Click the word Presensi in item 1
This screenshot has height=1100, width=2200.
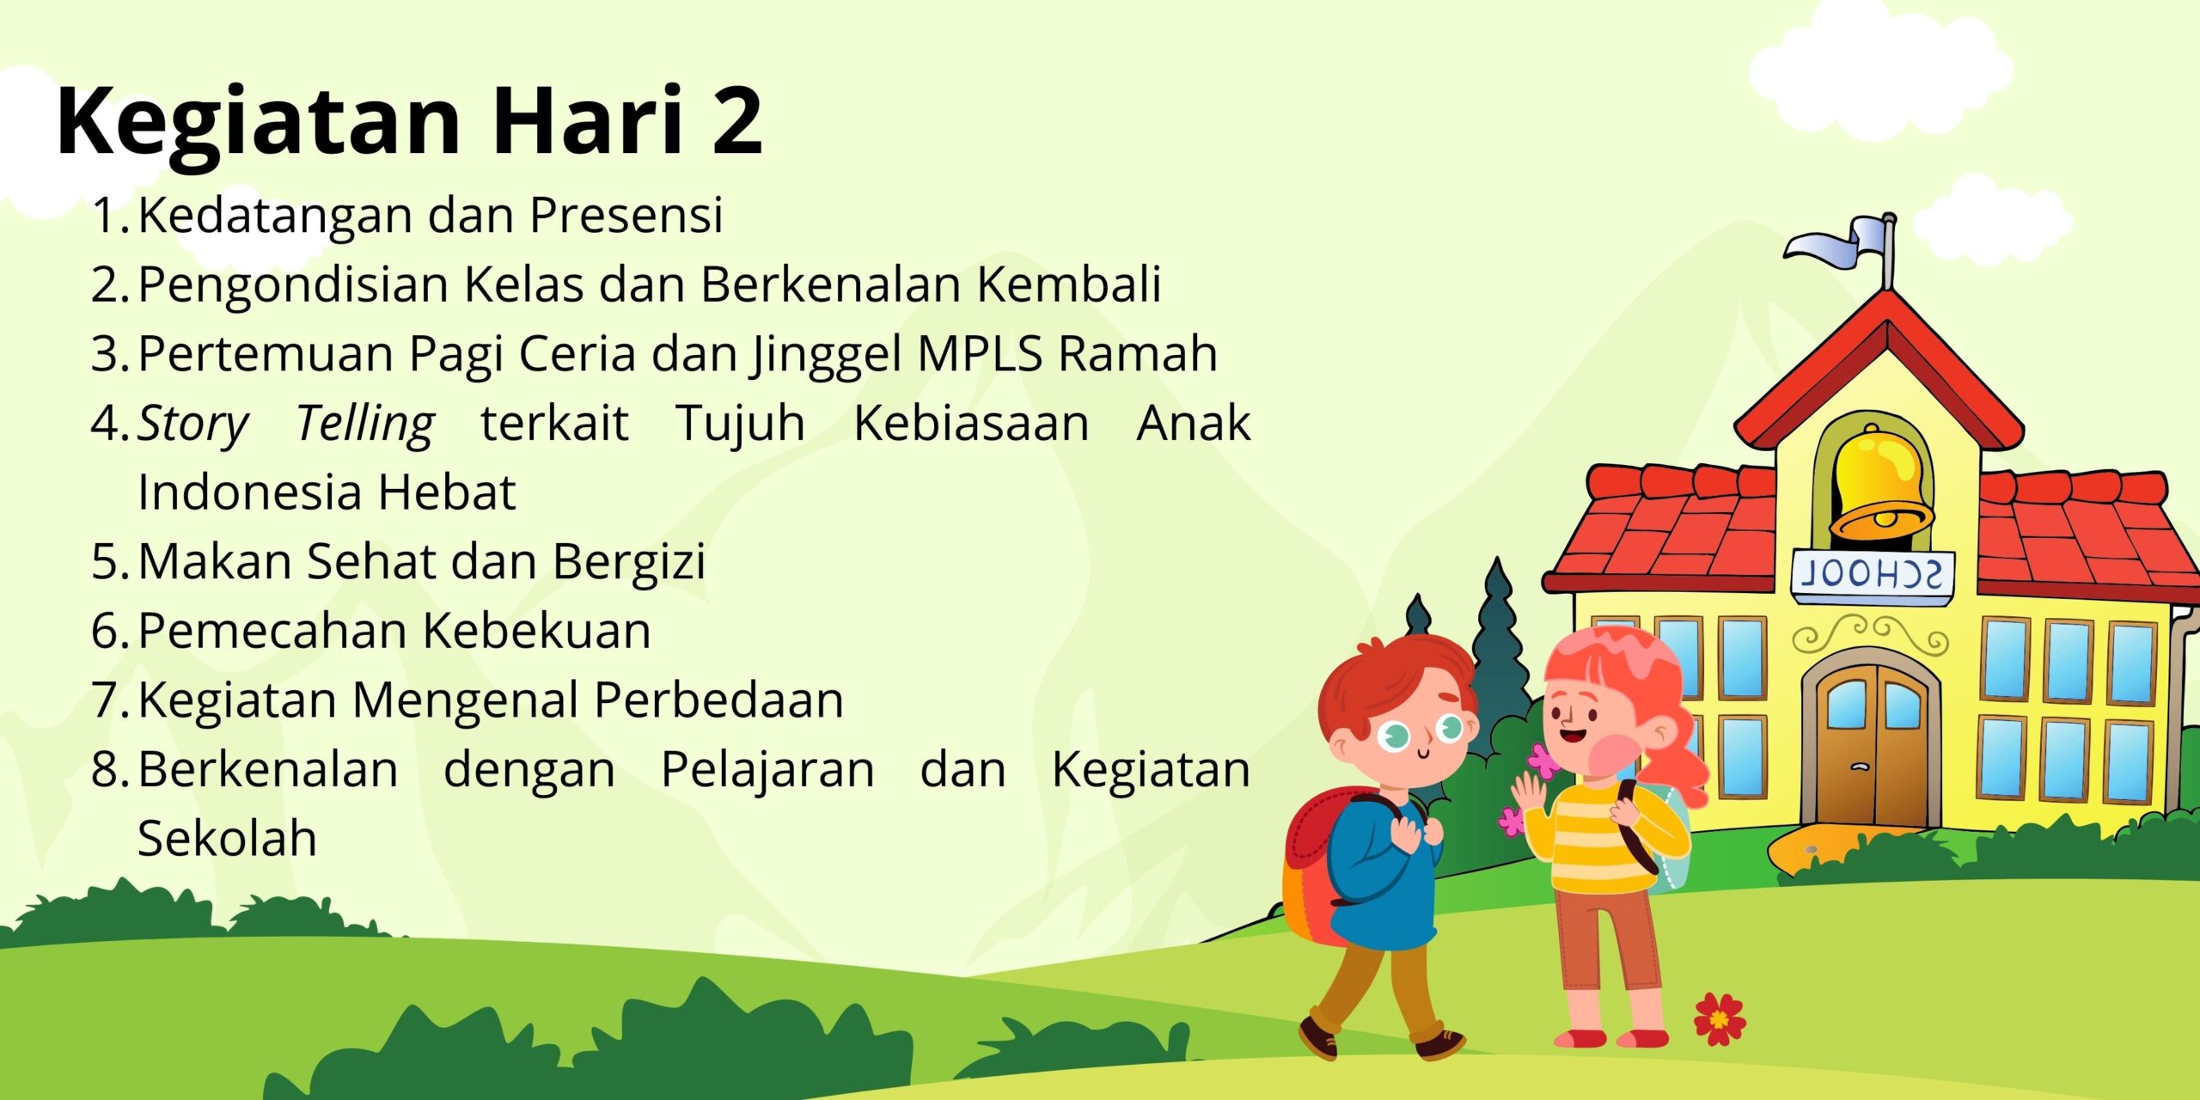(x=626, y=214)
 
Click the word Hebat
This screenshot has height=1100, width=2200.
(x=446, y=492)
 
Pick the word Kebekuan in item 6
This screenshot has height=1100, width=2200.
(x=537, y=630)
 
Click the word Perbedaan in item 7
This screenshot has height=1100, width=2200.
(x=718, y=700)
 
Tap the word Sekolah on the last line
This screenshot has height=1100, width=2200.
(x=227, y=838)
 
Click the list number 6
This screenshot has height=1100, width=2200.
(x=110, y=631)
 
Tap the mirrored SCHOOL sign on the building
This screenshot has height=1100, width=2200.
(x=1872, y=574)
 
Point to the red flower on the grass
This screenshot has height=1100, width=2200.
(x=1720, y=1018)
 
